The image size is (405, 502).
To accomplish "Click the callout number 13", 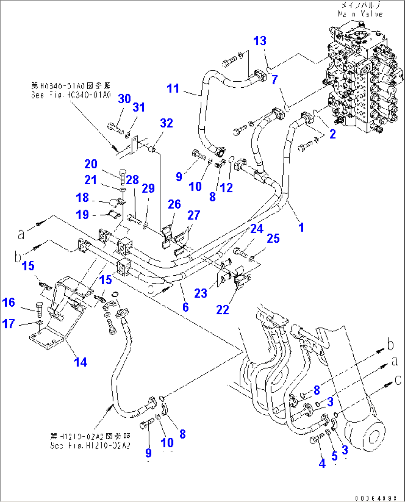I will coord(260,41).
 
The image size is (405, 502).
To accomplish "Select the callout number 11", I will coord(173,88).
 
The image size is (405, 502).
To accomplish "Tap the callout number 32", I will coord(166,123).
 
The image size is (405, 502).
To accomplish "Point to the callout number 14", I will coord(81,362).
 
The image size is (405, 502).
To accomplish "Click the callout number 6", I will coord(185,307).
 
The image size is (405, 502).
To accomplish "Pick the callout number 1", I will coord(301,227).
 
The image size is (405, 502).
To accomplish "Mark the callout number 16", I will coord(9,302).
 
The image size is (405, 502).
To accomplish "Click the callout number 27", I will coord(194,215).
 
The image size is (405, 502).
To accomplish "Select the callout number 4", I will coord(322,463).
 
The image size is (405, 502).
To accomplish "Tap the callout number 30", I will coord(124,98).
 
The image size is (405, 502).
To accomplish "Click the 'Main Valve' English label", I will coord(360,14).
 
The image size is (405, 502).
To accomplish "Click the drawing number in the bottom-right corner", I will coord(376,498).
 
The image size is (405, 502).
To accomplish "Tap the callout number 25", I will coord(273,239).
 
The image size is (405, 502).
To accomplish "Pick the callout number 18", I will coord(82,197).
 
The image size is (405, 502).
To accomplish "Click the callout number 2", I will coord(333,134).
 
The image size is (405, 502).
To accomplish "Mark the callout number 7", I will coord(274,80).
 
